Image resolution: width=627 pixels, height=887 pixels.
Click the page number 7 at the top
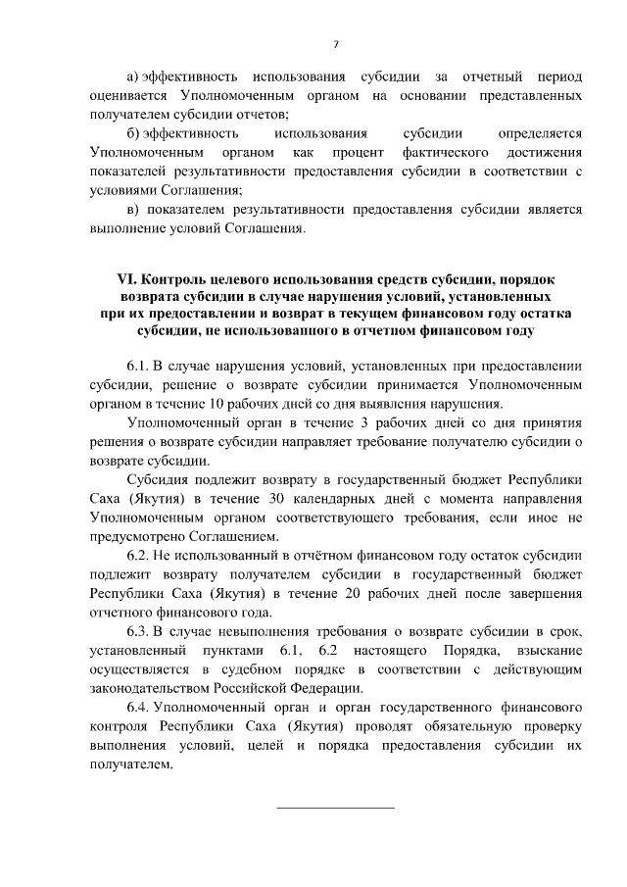(335, 44)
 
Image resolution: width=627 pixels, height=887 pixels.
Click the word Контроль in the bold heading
(173, 279)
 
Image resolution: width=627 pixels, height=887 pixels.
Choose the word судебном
(258, 669)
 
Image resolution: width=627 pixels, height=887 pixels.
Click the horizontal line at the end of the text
(335, 808)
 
